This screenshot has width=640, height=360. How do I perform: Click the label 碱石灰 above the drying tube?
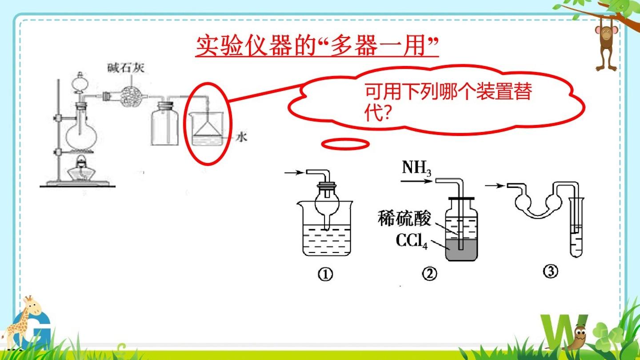[x=126, y=68]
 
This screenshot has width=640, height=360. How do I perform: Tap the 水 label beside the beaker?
[x=241, y=137]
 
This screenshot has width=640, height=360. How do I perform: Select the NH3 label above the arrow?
[x=416, y=168]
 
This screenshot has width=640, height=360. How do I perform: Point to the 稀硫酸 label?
[x=404, y=218]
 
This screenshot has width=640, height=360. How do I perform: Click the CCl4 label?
[x=412, y=241]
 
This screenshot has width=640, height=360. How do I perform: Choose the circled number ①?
[x=325, y=275]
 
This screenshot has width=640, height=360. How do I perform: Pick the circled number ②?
[x=429, y=274]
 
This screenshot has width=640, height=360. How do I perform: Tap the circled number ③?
[x=551, y=271]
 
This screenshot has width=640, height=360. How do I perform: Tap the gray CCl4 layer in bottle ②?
[x=461, y=250]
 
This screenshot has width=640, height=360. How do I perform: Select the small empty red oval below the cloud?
[x=345, y=144]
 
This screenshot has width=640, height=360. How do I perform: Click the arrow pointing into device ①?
[x=294, y=172]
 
